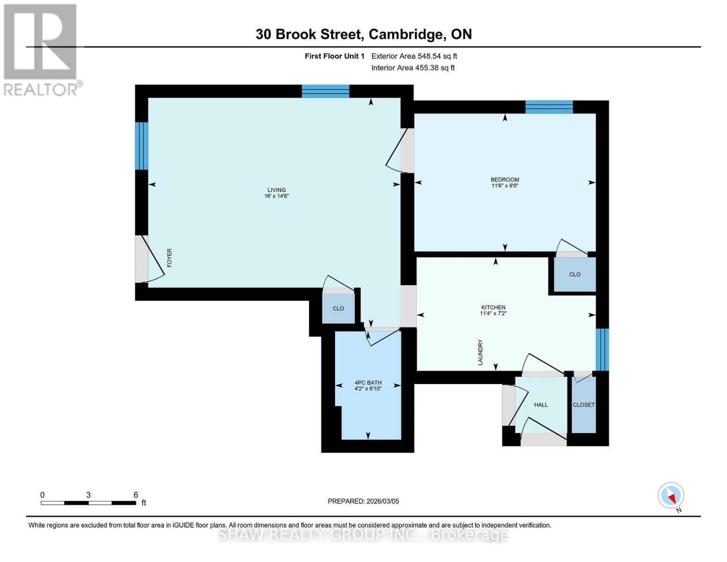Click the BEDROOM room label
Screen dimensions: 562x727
505,179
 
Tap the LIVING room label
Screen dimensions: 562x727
276,190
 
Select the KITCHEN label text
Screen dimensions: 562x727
493,307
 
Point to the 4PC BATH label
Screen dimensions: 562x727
368,382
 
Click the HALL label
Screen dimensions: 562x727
541,405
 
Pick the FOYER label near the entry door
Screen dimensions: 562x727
169,258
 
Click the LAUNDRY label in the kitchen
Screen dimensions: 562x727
480,352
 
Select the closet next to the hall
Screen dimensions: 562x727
583,405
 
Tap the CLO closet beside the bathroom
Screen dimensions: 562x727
338,308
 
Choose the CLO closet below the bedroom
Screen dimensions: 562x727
574,274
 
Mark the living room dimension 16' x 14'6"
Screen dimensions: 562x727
276,196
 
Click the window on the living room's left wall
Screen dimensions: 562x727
141,146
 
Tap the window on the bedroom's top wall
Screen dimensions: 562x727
549,107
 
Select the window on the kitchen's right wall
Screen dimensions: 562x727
602,349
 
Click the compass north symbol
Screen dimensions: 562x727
671,495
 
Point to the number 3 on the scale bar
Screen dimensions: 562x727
88,495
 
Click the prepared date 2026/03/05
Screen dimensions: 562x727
363,501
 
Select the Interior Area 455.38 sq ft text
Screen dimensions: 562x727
413,68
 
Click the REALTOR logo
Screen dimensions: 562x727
41,49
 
